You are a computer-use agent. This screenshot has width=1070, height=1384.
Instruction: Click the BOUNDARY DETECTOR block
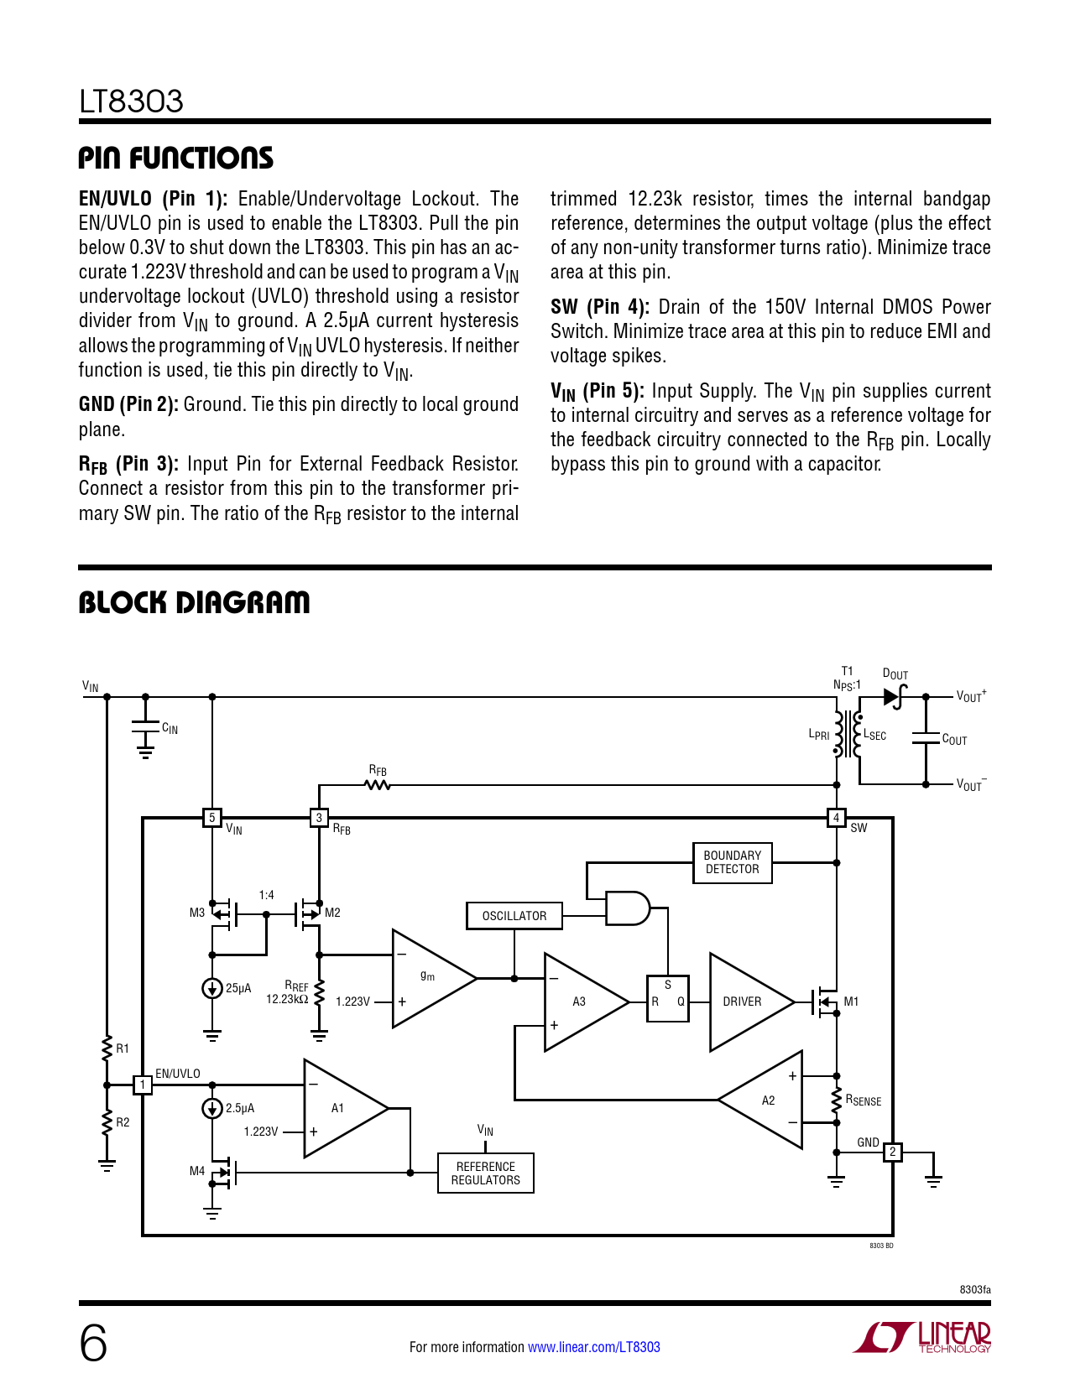point(732,862)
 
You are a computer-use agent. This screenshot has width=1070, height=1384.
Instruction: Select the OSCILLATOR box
point(514,916)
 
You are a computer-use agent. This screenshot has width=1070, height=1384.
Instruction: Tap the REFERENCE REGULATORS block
point(485,1173)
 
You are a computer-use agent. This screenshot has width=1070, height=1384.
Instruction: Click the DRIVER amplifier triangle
point(747,1002)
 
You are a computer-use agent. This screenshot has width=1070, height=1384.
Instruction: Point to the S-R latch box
point(667,998)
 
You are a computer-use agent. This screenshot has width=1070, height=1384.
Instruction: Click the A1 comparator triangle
point(340,1108)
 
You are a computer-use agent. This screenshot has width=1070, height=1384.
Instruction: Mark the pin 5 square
point(212,817)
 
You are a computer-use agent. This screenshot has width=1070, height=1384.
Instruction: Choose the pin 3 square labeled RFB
point(319,817)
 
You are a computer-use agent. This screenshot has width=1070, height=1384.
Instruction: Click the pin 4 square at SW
point(836,817)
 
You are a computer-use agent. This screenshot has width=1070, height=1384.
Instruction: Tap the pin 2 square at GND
point(893,1152)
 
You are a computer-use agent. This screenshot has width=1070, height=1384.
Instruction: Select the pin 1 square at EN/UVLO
point(143,1085)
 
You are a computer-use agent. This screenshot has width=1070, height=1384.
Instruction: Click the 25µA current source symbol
point(212,988)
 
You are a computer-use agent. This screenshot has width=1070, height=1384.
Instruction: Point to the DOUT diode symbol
point(895,696)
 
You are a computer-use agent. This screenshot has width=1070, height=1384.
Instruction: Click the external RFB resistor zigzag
point(378,785)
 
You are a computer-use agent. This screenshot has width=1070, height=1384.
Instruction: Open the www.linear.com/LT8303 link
point(593,1347)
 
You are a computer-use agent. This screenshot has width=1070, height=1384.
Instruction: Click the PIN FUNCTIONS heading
point(176,158)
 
